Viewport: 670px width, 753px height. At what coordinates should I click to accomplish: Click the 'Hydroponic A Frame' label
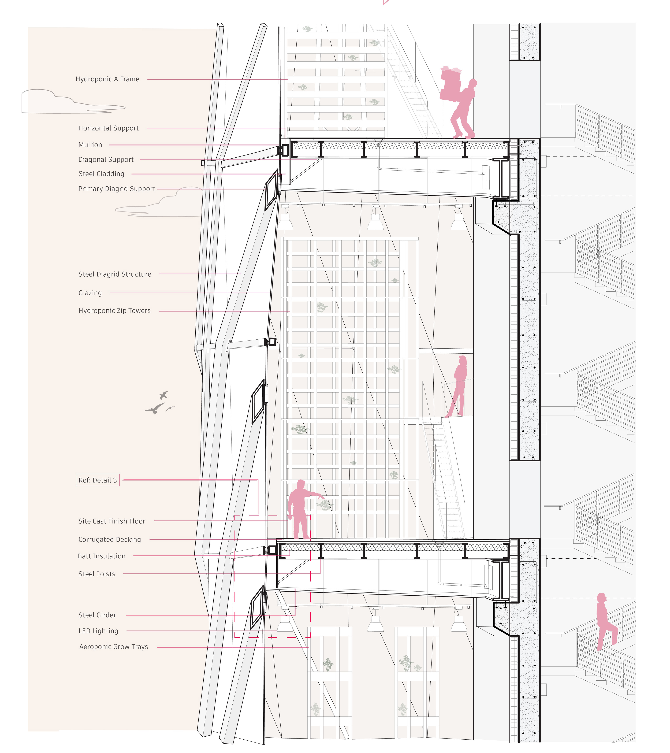click(x=107, y=79)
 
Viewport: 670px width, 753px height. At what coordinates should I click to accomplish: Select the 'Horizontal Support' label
click(x=108, y=128)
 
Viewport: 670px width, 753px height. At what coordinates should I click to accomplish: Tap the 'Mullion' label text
click(x=90, y=145)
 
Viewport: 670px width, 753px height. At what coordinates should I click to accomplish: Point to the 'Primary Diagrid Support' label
click(x=117, y=189)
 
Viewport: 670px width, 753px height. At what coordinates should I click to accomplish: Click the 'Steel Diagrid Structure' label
click(x=115, y=274)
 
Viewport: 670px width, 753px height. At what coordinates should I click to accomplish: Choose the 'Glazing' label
click(x=90, y=293)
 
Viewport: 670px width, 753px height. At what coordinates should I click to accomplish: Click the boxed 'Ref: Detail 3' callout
click(x=98, y=480)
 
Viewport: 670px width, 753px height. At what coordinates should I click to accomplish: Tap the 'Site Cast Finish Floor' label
click(x=112, y=521)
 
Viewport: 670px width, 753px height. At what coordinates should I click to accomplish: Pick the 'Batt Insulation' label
click(x=102, y=556)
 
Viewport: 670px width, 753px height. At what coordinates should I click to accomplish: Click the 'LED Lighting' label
click(x=98, y=631)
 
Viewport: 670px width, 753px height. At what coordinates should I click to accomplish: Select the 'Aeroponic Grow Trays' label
click(x=113, y=647)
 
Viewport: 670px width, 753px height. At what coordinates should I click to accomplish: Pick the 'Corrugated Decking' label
click(x=109, y=539)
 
